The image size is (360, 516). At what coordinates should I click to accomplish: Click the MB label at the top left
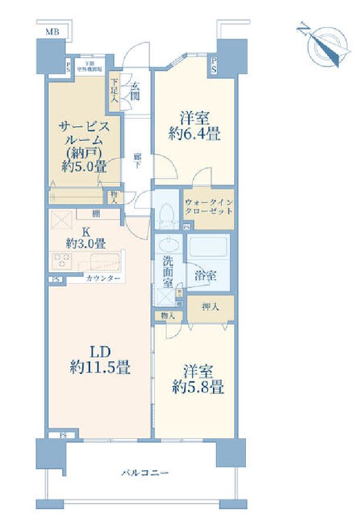click(52, 32)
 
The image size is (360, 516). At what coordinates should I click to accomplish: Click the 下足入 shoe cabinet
click(114, 91)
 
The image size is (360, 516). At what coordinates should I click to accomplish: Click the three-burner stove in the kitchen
click(62, 259)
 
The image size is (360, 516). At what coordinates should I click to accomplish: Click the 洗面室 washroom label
click(168, 272)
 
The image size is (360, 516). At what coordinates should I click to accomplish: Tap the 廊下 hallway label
click(137, 159)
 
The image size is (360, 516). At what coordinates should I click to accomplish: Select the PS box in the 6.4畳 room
click(214, 66)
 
